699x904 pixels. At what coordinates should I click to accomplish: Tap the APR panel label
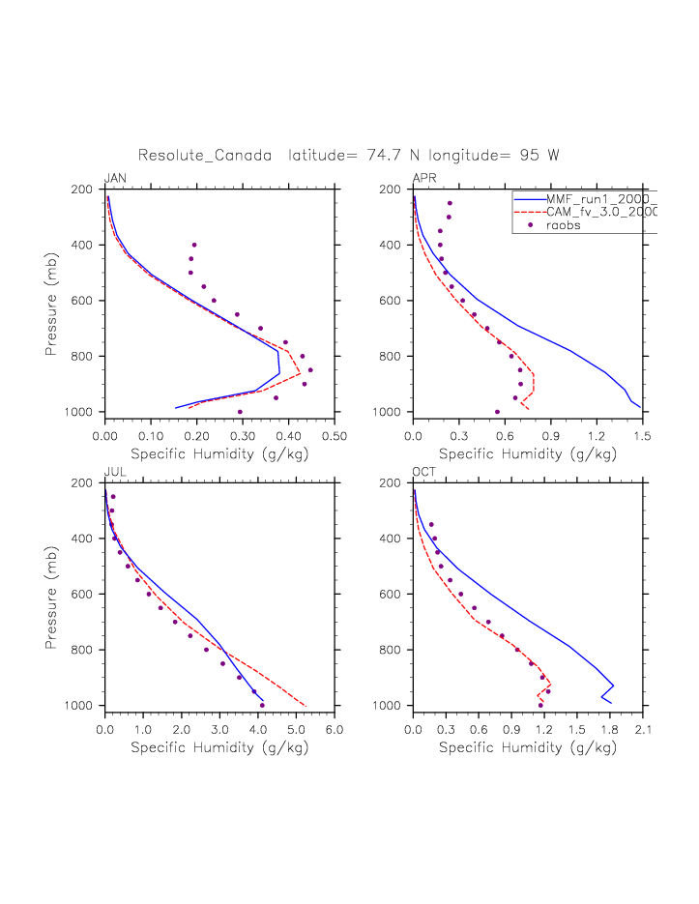423,178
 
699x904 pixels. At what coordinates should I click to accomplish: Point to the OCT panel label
423,472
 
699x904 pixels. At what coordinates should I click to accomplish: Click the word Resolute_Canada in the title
204,155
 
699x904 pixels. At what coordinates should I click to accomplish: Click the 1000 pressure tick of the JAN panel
82,413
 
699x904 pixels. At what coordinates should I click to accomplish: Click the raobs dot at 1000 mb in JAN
240,412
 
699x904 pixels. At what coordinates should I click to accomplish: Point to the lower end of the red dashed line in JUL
306,706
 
